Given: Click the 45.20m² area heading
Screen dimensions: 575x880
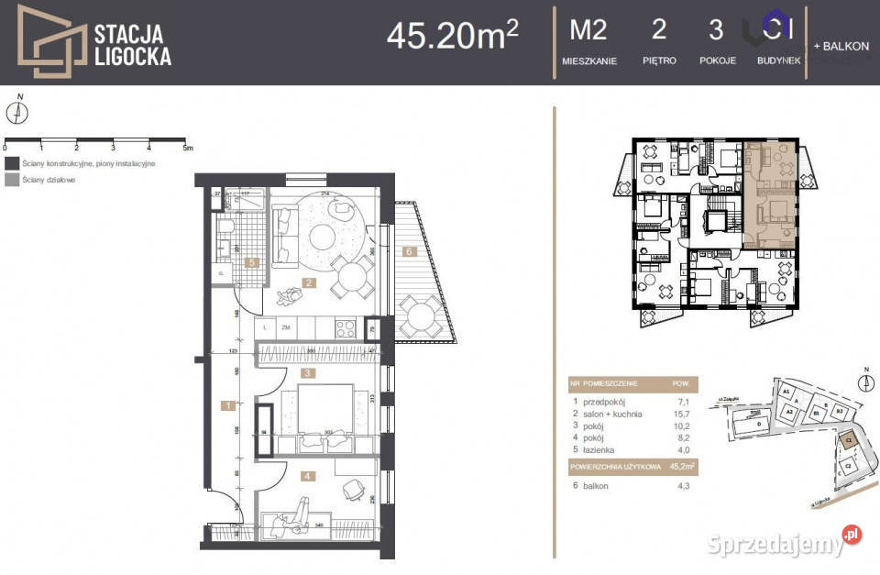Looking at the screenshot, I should click(452, 35).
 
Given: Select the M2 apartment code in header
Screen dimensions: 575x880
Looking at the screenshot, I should click(588, 30).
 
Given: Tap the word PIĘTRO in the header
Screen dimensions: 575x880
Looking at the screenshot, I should click(659, 61).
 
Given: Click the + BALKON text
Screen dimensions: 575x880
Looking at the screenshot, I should click(841, 46).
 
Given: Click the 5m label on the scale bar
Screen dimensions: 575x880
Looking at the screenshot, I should click(187, 147).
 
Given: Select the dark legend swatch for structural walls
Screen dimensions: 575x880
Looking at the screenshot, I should click(11, 162).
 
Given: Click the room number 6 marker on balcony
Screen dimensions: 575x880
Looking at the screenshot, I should click(411, 249).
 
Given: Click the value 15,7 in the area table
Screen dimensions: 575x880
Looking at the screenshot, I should click(679, 415).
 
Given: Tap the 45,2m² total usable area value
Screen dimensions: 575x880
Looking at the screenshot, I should click(681, 467).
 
